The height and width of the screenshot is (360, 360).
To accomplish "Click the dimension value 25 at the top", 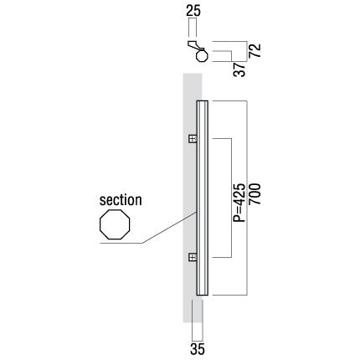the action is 193,11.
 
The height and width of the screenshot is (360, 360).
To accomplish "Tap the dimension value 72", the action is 255,50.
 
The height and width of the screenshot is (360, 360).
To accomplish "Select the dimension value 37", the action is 239,69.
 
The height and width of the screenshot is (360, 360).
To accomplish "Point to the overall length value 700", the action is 255,194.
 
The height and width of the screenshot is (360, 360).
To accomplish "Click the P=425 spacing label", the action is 239,203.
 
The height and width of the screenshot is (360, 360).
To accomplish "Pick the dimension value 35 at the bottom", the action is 198,349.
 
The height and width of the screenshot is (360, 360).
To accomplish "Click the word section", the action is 121,200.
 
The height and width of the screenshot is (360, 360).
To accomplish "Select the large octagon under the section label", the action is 115,224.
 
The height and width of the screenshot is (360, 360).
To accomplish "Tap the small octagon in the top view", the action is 202,55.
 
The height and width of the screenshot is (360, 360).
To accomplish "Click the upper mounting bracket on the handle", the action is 193,139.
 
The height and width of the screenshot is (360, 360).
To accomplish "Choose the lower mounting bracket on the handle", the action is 193,257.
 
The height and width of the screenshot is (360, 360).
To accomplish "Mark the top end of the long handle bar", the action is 203,100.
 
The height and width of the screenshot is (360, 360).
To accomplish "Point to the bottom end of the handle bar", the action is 203,295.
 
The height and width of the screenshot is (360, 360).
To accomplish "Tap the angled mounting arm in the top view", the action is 195,45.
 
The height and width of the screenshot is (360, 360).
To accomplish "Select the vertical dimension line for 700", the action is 247,198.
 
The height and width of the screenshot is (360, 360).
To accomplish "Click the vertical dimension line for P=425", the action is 231,198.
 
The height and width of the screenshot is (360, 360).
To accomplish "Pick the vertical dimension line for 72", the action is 247,51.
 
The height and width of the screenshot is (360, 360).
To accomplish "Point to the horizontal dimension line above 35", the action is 198,341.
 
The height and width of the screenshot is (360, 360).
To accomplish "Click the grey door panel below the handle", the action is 193,308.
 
